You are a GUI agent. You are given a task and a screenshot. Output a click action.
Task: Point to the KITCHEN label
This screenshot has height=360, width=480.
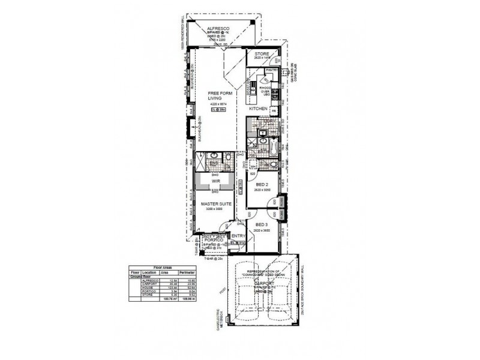click(x=258, y=109)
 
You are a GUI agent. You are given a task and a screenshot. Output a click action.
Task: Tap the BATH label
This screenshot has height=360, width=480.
click(x=262, y=152)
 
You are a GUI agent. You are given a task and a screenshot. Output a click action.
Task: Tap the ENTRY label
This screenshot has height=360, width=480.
click(x=238, y=236)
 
